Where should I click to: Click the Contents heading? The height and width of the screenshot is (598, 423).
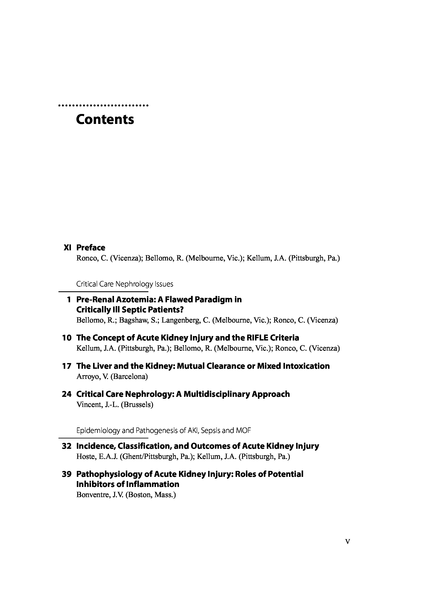pyautogui.click(x=105, y=119)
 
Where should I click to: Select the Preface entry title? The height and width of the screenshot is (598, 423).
pyautogui.click(x=91, y=247)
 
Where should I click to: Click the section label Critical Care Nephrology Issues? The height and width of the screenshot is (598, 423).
pyautogui.click(x=125, y=284)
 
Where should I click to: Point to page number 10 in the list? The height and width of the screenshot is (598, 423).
pyautogui.click(x=67, y=338)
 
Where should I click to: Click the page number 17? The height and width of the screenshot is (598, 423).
pyautogui.click(x=67, y=366)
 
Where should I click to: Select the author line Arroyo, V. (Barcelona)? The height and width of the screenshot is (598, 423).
pyautogui.click(x=112, y=376)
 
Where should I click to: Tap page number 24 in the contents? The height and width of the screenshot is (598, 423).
pyautogui.click(x=67, y=394)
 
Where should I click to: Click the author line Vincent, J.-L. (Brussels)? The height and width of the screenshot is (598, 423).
pyautogui.click(x=115, y=404)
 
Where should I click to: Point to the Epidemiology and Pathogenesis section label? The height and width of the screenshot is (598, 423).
pyautogui.click(x=163, y=431)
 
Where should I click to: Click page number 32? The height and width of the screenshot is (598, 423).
pyautogui.click(x=67, y=446)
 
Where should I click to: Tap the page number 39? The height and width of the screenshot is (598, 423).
pyautogui.click(x=67, y=474)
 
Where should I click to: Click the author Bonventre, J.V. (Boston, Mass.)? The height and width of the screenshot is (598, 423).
pyautogui.click(x=126, y=495)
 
